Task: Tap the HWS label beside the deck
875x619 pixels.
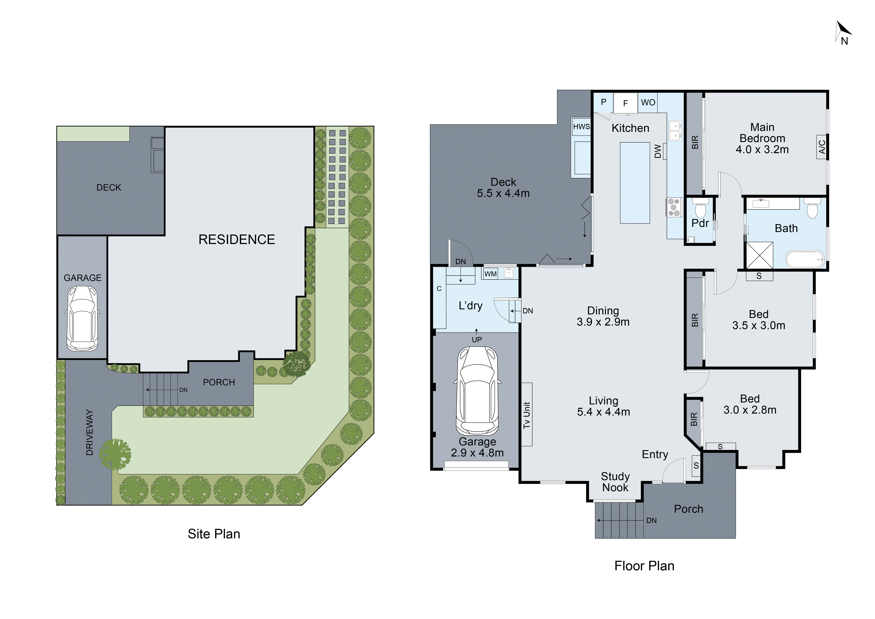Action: point(581,127)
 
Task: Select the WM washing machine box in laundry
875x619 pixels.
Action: point(491,274)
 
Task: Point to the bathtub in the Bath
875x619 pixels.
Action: point(805,259)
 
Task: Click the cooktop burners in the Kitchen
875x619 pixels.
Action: point(674,207)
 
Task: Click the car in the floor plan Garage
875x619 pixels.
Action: point(477,391)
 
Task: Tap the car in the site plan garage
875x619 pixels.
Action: point(82,318)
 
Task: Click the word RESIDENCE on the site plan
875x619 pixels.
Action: point(237,239)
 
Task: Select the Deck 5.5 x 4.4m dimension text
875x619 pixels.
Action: point(503,193)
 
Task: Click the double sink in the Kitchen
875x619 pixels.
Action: point(675,130)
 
